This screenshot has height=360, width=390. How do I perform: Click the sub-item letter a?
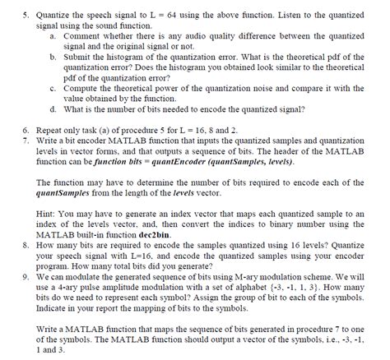53,38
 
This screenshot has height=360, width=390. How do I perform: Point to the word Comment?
83,38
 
